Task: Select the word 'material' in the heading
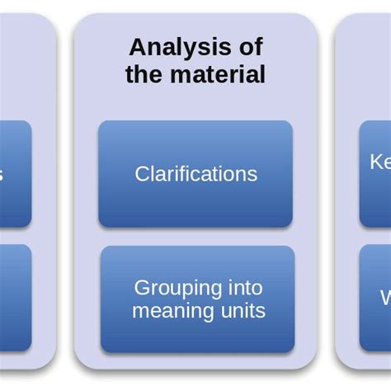coord(219,74)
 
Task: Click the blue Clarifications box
coord(195,174)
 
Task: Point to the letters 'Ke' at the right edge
coord(379,163)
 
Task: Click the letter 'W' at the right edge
coord(384,298)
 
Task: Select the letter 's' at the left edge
coord(2,175)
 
